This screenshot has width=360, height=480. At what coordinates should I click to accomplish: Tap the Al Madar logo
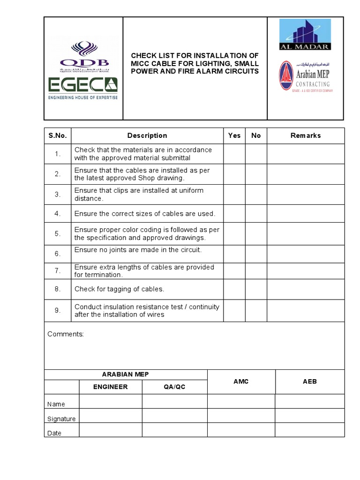(305, 34)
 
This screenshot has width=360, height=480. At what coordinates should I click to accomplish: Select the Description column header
(147, 135)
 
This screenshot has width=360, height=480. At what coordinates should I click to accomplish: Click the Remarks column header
(306, 135)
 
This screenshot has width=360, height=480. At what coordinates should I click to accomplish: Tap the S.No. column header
(58, 135)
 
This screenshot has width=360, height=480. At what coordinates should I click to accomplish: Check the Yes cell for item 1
(234, 154)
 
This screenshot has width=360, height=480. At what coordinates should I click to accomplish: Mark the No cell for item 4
(256, 214)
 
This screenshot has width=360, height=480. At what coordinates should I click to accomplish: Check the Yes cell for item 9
(234, 310)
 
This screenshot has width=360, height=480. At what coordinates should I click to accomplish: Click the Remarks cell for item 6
(306, 254)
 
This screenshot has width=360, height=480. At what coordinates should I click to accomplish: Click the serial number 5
(58, 233)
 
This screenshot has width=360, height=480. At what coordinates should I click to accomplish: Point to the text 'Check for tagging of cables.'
(119, 289)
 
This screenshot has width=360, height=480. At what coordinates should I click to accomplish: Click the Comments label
(66, 334)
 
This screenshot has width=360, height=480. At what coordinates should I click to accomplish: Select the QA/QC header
(174, 387)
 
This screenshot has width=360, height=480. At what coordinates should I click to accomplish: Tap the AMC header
(241, 382)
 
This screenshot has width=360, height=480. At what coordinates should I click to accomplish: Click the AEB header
(310, 382)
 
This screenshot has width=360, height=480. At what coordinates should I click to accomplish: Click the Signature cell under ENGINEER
(110, 416)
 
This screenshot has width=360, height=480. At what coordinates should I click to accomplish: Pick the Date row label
(54, 433)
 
